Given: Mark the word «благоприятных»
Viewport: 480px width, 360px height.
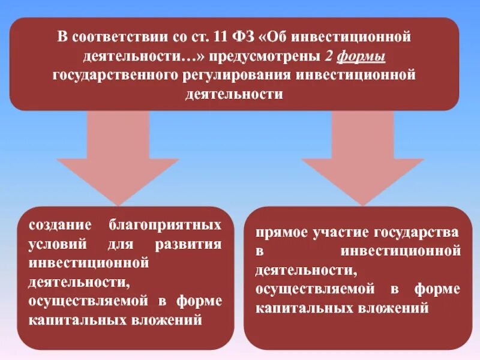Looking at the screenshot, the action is coord(166,226).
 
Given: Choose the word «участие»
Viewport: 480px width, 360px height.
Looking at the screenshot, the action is coord(342,232).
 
